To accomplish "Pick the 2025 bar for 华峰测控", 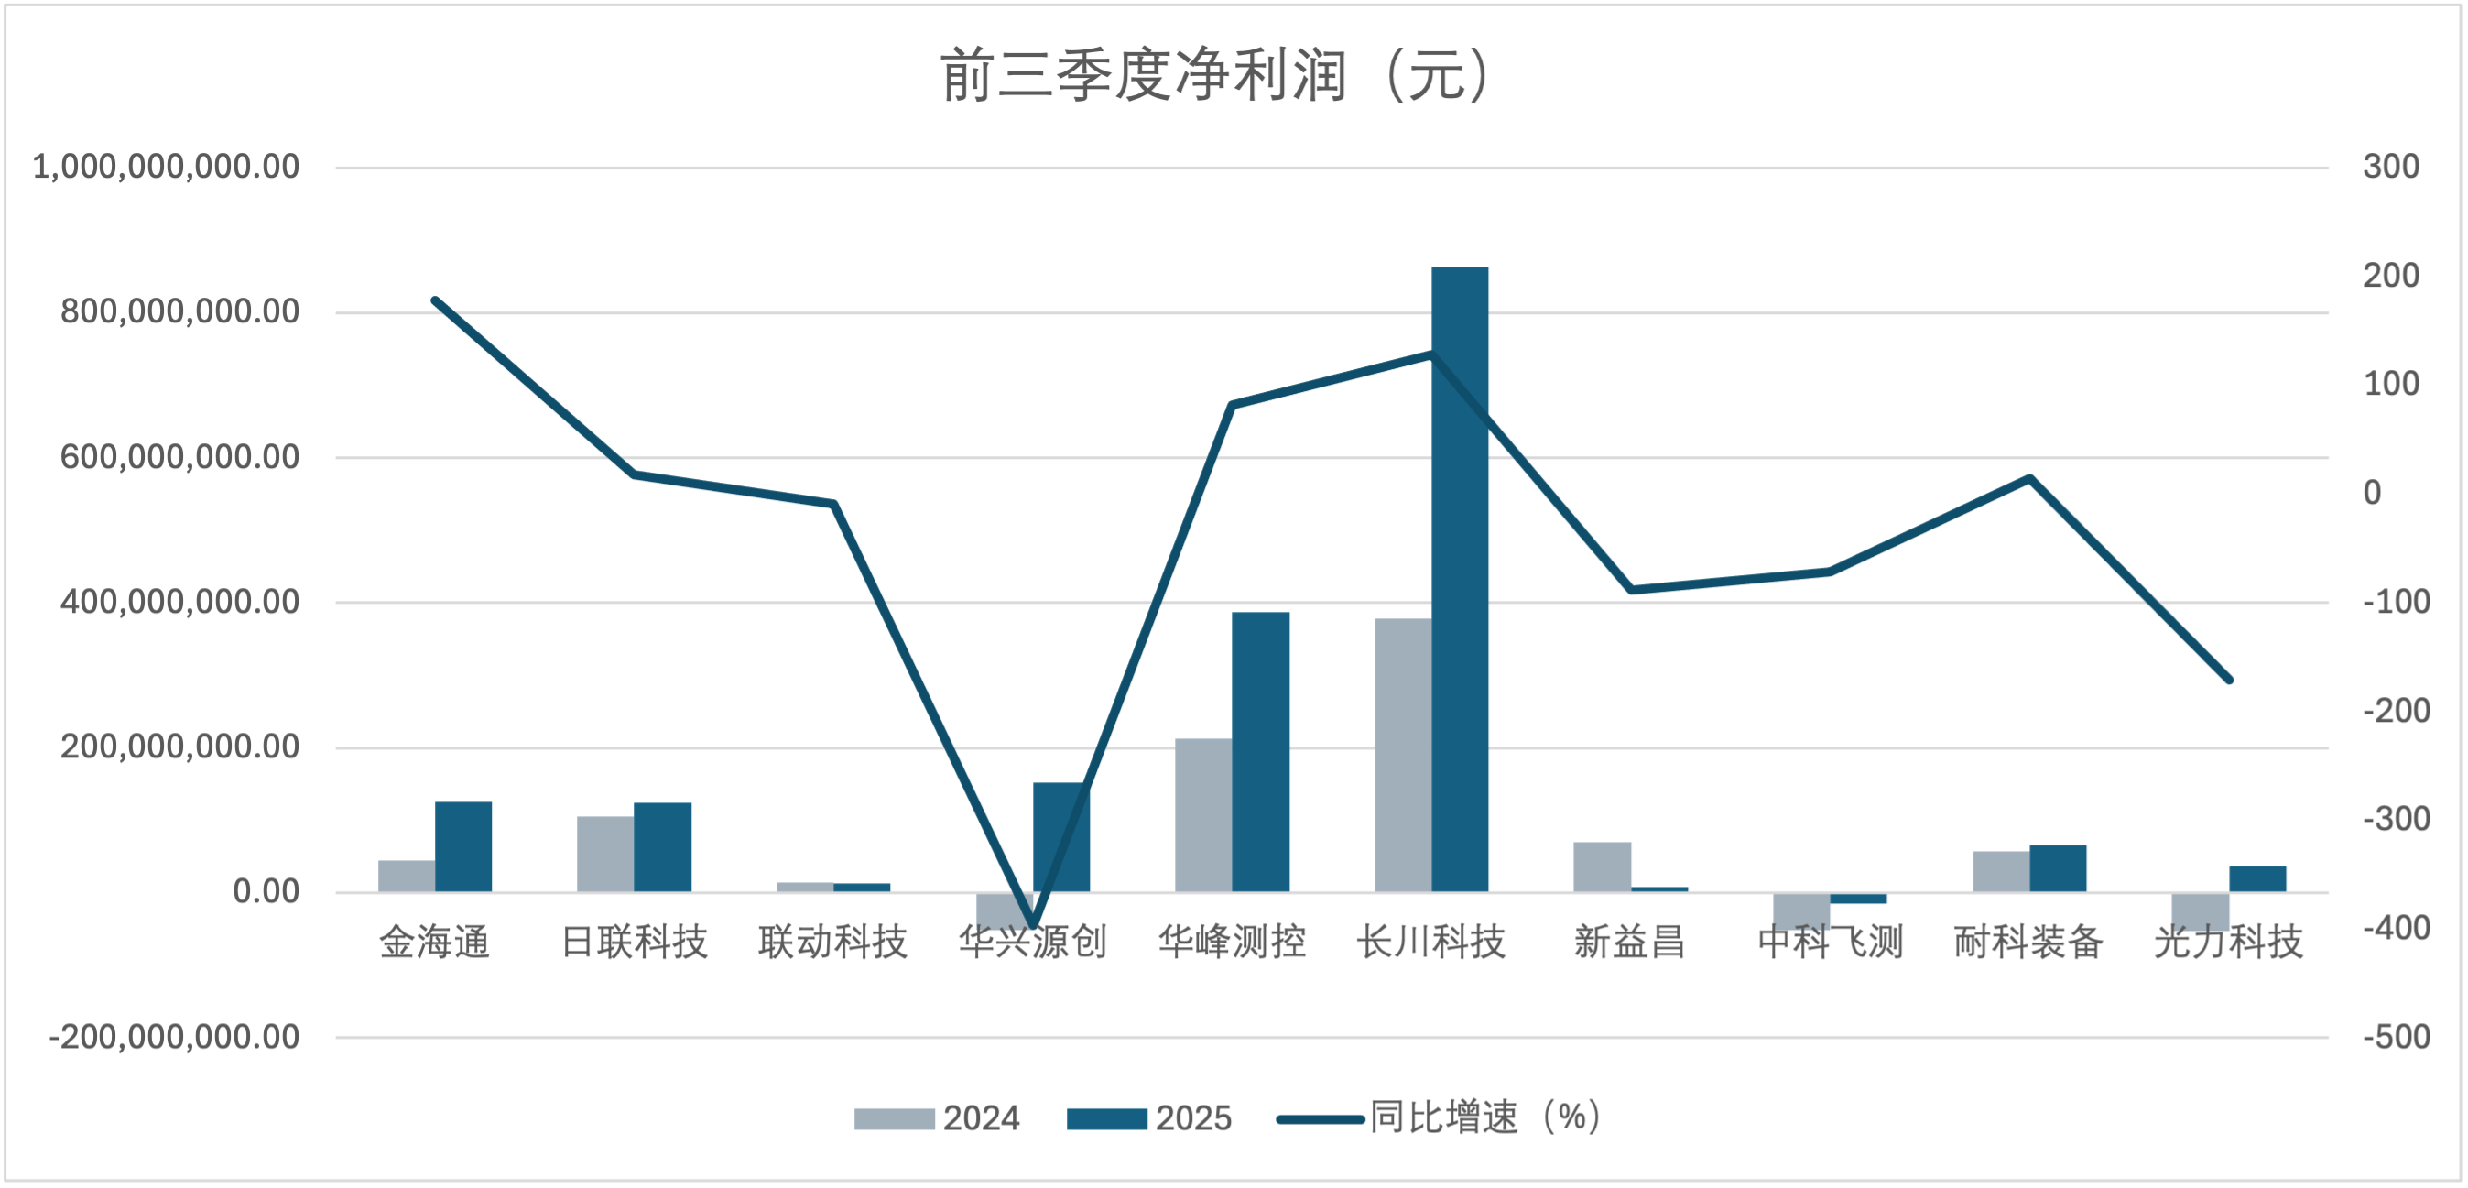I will coord(1260,752).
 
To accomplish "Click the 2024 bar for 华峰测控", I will coord(1203,815).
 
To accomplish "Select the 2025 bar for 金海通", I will coord(462,847).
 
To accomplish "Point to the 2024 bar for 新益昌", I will coord(1602,867).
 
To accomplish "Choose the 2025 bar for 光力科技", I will coord(2257,879).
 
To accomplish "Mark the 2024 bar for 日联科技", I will coord(605,855).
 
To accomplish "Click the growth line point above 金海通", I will coord(435,300).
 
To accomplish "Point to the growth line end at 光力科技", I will coord(2229,681).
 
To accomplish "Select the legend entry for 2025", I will coord(1148,1118).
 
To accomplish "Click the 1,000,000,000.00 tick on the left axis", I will coord(166,167).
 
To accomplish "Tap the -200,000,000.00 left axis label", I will coord(174,1037).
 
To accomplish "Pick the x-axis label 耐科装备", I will coord(2028,943).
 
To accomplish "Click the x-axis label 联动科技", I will coord(832,943).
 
